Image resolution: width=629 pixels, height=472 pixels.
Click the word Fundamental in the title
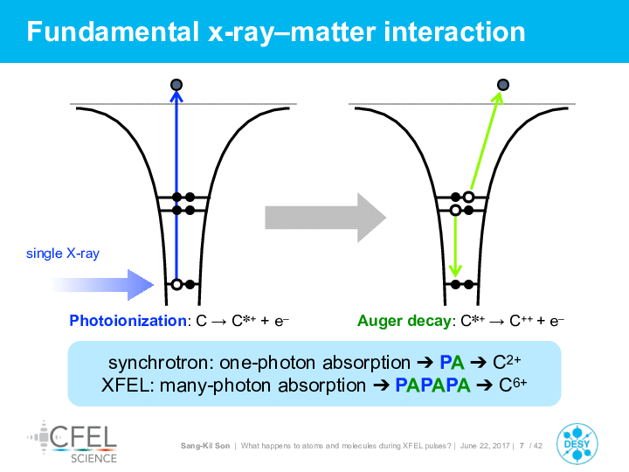coord(113,31)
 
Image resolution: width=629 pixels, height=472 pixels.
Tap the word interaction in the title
coord(454,31)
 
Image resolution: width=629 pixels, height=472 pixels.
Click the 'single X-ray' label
coord(63,253)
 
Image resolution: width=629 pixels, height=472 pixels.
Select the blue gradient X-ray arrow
coord(103,285)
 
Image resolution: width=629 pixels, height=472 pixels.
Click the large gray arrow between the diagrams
coord(325,218)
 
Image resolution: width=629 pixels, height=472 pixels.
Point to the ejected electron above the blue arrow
coord(176,85)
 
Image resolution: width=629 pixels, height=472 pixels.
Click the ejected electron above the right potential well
coord(503,85)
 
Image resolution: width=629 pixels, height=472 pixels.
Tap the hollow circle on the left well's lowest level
coord(176,285)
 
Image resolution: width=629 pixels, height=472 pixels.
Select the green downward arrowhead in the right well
coord(455,271)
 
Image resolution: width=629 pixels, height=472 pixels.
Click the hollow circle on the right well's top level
coord(468,197)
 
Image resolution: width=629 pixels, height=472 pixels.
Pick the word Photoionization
coord(128,321)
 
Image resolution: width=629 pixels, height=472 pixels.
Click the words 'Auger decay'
coord(404,321)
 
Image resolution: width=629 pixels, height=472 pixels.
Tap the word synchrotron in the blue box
coord(158,363)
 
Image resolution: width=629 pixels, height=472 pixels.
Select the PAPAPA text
coord(432,385)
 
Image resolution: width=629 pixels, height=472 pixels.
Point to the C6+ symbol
coord(513,385)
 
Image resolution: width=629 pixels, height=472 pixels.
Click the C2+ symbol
coord(507,362)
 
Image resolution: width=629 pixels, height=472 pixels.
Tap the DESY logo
coord(577,444)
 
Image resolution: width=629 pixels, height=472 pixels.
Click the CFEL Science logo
coord(73,442)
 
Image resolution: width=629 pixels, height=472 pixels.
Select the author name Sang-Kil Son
coord(205,446)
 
